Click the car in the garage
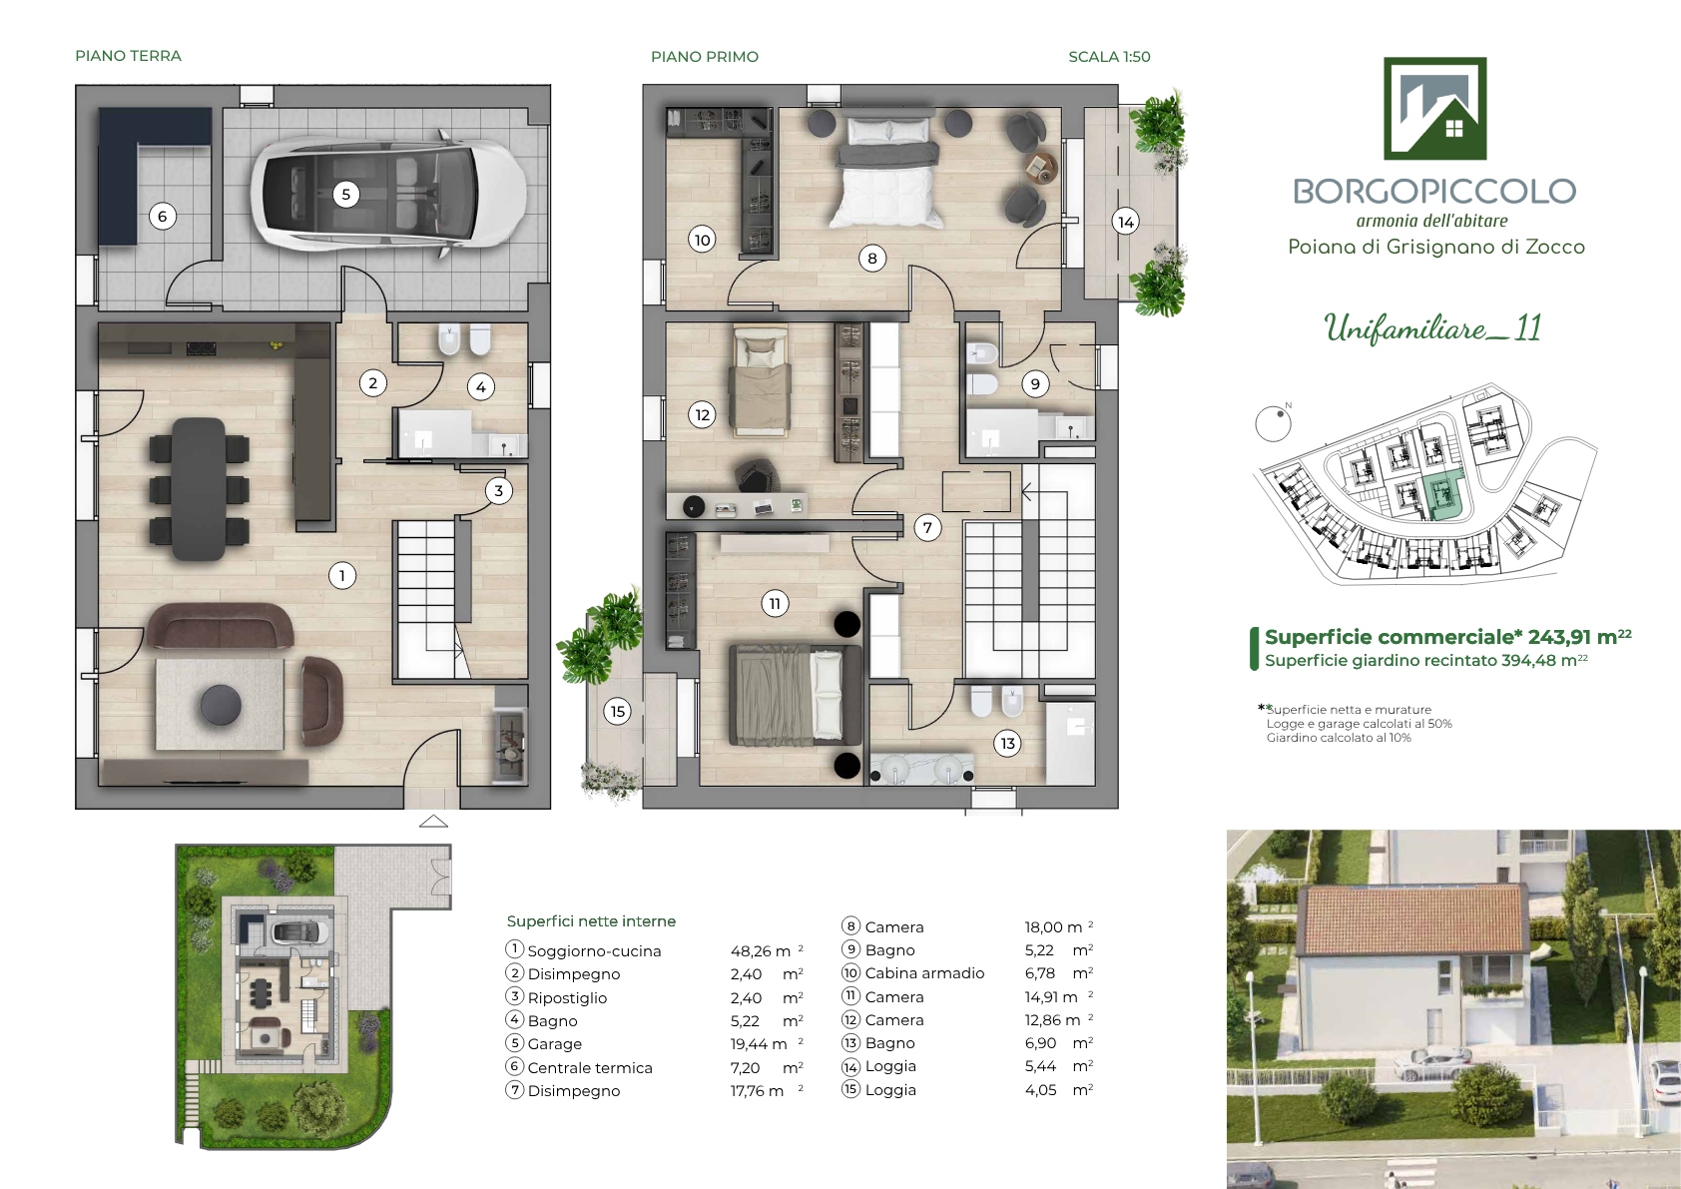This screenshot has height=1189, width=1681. pos(388,193)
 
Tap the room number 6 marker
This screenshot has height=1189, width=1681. pos(162,217)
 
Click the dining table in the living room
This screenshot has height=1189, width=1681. pos(198,489)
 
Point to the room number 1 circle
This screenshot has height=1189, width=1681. pos(342,576)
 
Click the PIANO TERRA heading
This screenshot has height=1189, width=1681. pos(129,56)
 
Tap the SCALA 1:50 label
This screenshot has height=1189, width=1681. pos(1109,56)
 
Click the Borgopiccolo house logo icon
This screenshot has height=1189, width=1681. pos(1434,108)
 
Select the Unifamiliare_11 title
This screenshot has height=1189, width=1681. pos(1432,328)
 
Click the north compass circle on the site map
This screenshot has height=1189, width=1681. pos(1273,423)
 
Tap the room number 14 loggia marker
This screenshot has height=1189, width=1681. pos(1126,222)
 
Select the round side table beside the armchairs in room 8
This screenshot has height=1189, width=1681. pos(1041,168)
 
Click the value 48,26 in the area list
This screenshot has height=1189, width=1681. pos(752,951)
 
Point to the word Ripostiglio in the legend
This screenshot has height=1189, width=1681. pos(567,997)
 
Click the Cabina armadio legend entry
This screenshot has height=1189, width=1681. pos(924,973)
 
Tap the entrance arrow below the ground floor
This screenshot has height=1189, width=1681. pos(433,822)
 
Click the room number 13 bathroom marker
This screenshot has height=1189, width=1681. pos(1008,743)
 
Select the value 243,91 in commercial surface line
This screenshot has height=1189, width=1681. pos(1559,637)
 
